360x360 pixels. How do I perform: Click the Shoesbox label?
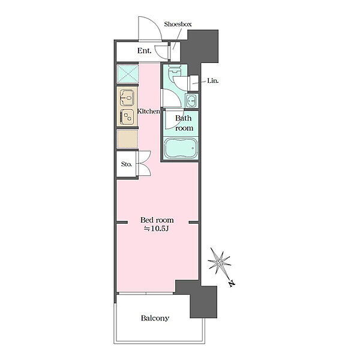pos(178,24)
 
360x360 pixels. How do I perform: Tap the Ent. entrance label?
pos(144,50)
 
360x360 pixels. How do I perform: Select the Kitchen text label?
pos(148,112)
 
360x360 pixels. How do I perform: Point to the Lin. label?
pos(213,81)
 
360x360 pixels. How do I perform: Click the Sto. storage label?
pos(127,164)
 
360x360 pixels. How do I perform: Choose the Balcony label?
pos(155,318)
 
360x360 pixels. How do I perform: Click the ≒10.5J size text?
pos(157,229)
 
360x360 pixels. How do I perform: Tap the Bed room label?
pos(157,220)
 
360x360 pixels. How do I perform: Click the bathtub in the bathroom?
pos(181,148)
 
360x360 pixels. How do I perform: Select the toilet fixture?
pos(175,71)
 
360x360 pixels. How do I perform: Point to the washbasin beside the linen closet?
pos(191,101)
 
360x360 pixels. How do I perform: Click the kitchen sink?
pos(127,98)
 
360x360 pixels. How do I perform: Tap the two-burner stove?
pos(127,116)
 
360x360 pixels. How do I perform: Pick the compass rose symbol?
pos(219,262)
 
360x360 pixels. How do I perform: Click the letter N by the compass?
pos(232,284)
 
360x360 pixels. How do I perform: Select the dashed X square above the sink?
pos(128,74)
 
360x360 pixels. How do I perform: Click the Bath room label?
pos(184,123)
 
